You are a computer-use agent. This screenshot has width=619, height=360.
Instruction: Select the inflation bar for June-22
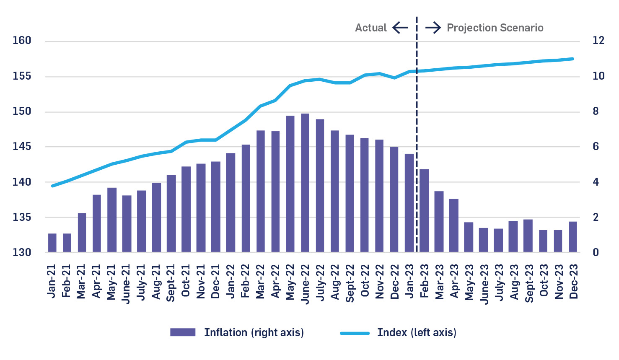pyautogui.click(x=305, y=183)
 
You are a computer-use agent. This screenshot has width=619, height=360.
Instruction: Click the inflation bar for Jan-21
pyautogui.click(x=52, y=243)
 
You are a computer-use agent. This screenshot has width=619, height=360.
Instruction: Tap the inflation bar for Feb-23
pyautogui.click(x=424, y=210)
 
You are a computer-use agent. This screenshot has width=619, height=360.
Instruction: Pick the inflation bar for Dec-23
pyautogui.click(x=573, y=237)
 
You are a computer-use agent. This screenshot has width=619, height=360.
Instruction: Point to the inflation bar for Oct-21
pyautogui.click(x=186, y=209)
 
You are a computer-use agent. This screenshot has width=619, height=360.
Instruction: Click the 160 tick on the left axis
pyautogui.click(x=22, y=41)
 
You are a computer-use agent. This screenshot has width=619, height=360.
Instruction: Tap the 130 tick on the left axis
pyautogui.click(x=22, y=253)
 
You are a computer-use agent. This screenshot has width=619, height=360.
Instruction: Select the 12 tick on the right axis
pyautogui.click(x=598, y=41)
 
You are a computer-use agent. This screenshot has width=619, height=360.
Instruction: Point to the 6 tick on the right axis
pyautogui.click(x=596, y=147)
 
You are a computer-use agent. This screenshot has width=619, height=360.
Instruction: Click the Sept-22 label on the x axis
pyautogui.click(x=350, y=283)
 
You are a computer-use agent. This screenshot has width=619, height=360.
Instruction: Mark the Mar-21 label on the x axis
pyautogui.click(x=81, y=281)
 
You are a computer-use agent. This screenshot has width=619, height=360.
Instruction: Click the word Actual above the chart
pyautogui.click(x=371, y=28)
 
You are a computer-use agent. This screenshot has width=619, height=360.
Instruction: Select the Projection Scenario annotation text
pyautogui.click(x=495, y=28)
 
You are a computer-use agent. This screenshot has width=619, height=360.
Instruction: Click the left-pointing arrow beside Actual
pyautogui.click(x=400, y=28)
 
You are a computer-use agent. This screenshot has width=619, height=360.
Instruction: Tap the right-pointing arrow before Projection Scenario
pyautogui.click(x=433, y=28)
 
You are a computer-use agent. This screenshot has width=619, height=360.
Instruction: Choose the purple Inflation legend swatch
pyautogui.click(x=183, y=332)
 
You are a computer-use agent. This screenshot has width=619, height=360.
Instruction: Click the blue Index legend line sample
pyautogui.click(x=355, y=333)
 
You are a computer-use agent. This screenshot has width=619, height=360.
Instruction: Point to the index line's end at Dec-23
pyautogui.click(x=573, y=59)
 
